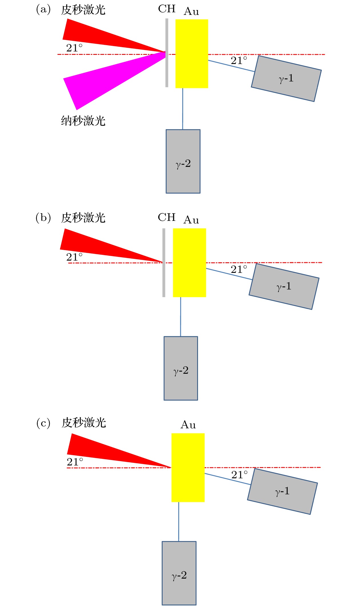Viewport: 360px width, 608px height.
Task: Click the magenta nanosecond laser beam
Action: coord(94,83)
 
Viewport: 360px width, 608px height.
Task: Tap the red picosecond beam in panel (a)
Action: coord(94,36)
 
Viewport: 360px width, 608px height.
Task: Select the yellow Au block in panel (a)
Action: coord(191,54)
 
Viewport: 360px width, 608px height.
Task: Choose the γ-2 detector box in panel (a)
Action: coord(183,161)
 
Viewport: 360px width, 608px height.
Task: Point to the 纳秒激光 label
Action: coord(83,121)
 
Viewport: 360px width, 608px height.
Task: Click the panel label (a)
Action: coord(43,10)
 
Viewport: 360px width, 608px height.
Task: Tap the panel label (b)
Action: coord(43,218)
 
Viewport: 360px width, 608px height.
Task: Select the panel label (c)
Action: coord(43,423)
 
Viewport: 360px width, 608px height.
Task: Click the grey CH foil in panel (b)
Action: coord(164,280)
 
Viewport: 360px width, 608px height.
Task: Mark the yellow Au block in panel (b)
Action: coord(189,263)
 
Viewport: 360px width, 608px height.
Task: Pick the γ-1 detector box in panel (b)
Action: coord(284,286)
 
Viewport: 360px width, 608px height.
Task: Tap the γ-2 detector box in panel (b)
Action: coord(181,368)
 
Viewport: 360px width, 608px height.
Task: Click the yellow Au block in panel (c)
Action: coord(188,467)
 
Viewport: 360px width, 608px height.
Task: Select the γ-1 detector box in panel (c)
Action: coord(282,491)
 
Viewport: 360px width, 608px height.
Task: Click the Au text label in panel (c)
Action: coord(188,425)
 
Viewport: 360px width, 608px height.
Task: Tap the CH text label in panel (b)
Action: coord(167,217)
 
